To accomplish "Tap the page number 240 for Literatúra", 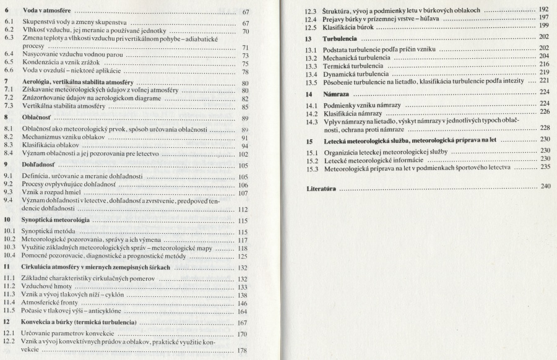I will pyautogui.click(x=545, y=186).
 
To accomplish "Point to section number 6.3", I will pyautogui.click(x=9, y=38).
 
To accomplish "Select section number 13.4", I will pyautogui.click(x=312, y=72).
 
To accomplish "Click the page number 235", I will pyautogui.click(x=545, y=167).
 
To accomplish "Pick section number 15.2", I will pyautogui.click(x=312, y=159).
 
